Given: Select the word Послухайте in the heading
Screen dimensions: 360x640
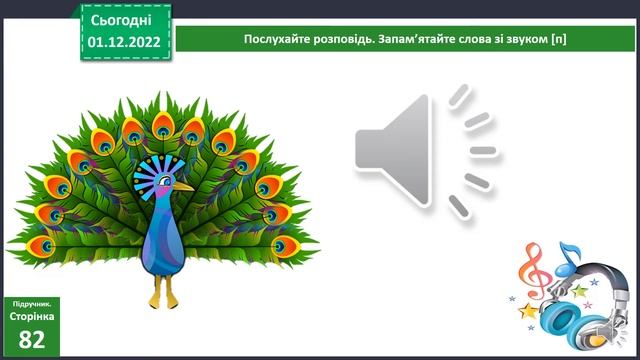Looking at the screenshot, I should coord(277,40).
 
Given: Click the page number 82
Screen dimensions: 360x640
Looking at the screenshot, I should coord(32,338).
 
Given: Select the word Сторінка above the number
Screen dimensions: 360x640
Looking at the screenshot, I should coord(32,314).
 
